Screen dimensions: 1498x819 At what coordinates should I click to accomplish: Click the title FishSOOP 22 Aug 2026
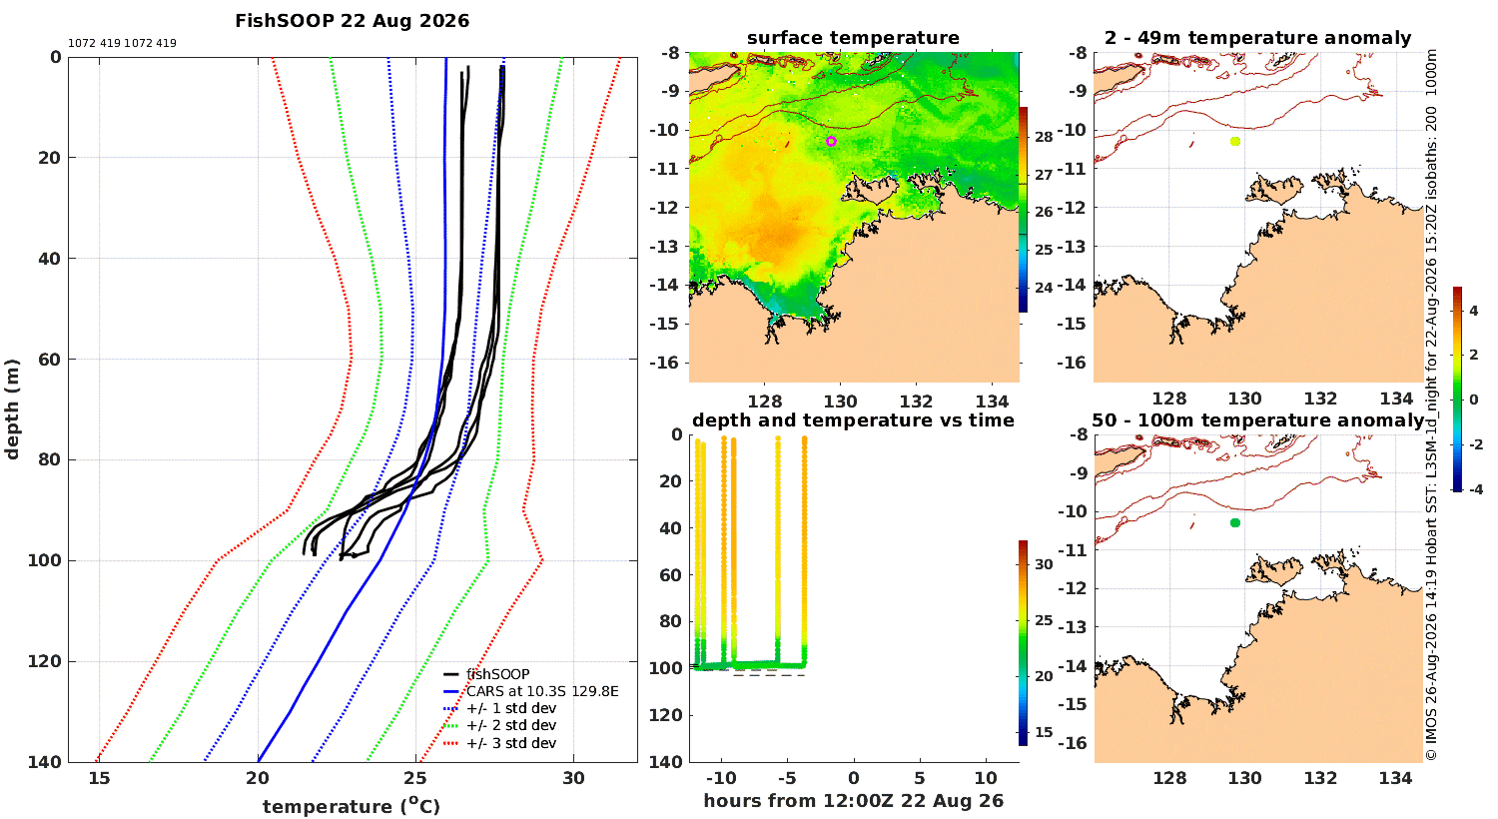(x=352, y=21)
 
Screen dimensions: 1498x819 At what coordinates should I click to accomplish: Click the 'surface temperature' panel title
(x=853, y=38)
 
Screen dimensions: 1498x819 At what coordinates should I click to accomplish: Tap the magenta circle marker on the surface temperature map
(x=831, y=141)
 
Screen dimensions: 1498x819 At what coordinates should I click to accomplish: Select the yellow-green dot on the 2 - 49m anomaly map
(x=1235, y=141)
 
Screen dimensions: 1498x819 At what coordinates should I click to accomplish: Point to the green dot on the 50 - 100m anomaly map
(x=1235, y=522)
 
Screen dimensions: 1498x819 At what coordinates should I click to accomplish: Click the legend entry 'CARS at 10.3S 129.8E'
(x=542, y=691)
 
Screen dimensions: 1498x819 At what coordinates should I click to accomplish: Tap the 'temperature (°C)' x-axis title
(x=352, y=806)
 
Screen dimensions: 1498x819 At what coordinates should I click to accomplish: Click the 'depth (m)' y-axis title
(x=12, y=409)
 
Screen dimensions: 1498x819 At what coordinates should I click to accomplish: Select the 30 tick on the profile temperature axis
(x=574, y=778)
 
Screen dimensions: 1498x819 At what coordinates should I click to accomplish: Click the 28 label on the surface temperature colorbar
(x=1044, y=137)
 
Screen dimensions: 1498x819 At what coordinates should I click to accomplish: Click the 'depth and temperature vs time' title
(x=853, y=420)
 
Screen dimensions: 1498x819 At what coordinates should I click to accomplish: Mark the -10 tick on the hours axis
(x=722, y=778)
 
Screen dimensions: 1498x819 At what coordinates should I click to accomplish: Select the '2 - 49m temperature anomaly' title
(x=1258, y=38)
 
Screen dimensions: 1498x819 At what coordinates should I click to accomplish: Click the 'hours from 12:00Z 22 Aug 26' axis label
(x=853, y=801)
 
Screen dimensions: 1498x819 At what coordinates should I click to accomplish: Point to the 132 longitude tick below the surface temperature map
(x=916, y=402)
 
